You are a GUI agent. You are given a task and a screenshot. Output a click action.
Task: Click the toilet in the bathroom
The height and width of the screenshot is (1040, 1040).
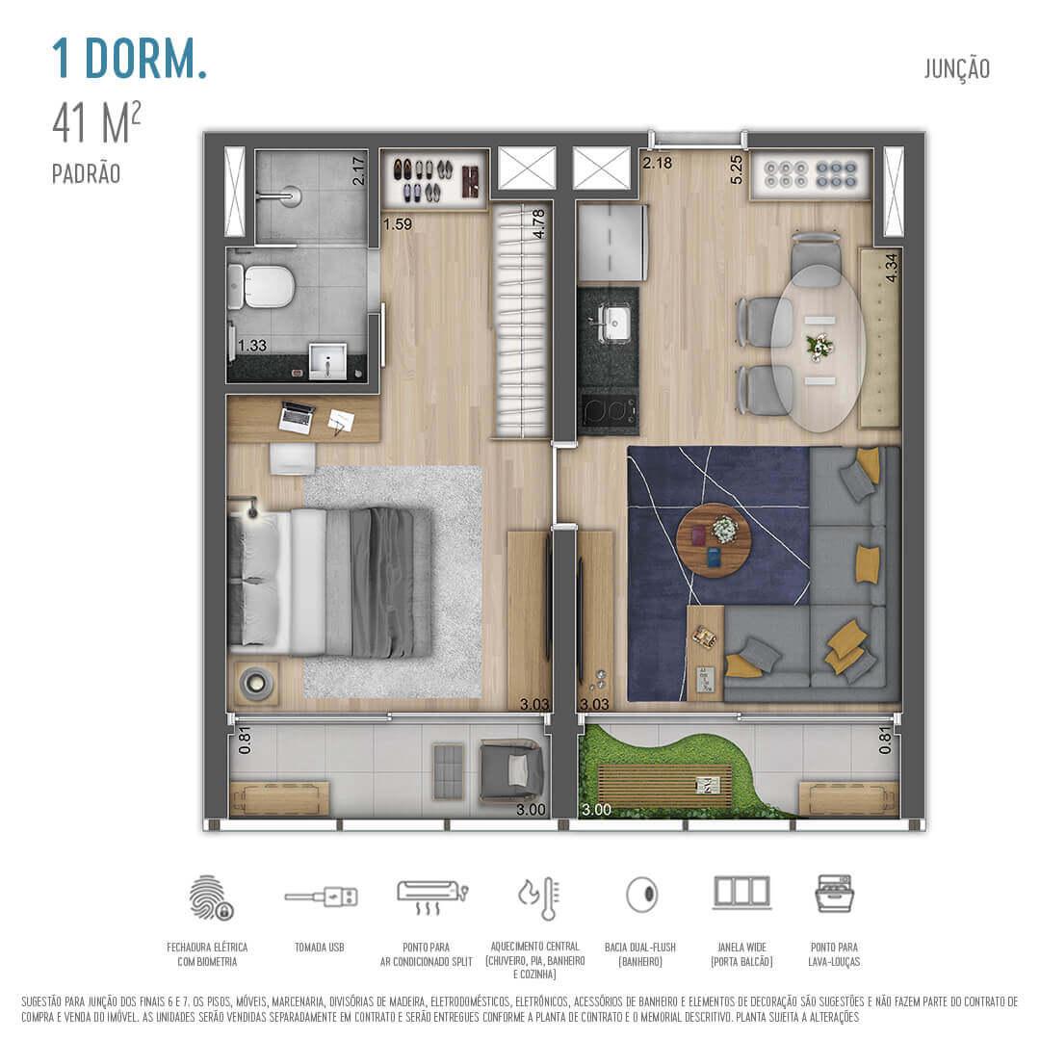263,286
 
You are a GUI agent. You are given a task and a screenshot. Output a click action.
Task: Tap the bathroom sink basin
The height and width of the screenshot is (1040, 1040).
327,363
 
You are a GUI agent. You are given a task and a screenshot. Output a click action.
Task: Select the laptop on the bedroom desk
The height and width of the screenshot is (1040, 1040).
297,417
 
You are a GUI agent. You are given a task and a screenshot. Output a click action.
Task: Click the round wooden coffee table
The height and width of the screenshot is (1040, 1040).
714,540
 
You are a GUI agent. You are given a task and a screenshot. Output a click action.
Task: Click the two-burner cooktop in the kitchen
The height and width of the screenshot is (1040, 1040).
609,411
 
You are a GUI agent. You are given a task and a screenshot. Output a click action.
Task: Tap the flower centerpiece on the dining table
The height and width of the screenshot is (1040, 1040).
819,345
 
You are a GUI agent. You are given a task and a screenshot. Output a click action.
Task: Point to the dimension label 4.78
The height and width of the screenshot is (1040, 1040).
539,222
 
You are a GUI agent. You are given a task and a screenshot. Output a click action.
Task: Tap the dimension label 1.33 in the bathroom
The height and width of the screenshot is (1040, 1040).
252,346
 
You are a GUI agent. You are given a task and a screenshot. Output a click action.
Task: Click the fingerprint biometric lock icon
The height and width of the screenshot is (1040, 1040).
210,897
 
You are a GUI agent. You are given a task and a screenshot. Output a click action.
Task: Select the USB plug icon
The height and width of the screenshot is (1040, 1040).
321,897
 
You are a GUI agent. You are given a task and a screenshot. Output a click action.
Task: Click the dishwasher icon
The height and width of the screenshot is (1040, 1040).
834,894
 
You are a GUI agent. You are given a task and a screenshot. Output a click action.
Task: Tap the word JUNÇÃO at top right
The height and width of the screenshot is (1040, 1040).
956,69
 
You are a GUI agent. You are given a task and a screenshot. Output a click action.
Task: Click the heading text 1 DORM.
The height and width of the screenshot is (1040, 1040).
129,59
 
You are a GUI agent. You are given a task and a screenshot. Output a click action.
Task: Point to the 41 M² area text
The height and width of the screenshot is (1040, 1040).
97,124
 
